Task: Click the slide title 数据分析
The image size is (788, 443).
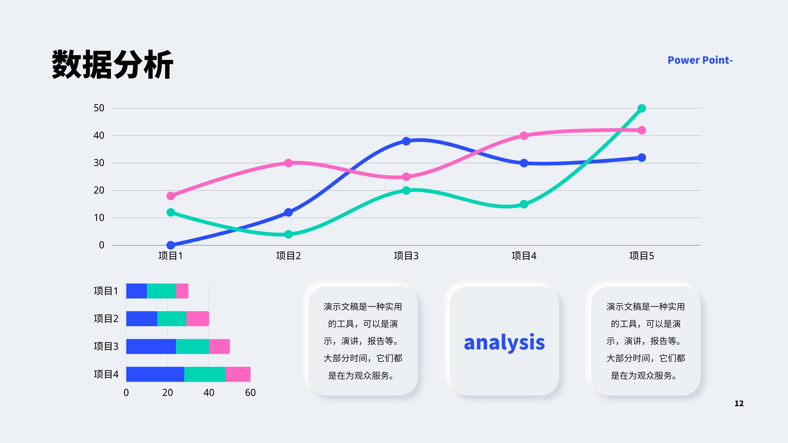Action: (x=113, y=64)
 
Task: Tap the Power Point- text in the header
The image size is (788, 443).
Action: (x=700, y=60)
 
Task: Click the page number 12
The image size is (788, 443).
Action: (x=739, y=403)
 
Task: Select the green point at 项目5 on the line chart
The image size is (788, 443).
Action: (x=642, y=108)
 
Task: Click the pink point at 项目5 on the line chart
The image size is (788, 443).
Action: (x=642, y=130)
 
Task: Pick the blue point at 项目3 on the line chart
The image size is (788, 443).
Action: (x=406, y=141)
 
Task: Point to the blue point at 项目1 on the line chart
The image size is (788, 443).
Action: (x=170, y=245)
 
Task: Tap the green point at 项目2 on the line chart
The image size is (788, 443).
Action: (x=289, y=234)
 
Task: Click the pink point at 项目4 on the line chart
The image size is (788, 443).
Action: (x=524, y=136)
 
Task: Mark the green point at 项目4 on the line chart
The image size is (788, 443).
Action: (x=524, y=204)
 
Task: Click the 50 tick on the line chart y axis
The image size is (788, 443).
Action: (x=99, y=108)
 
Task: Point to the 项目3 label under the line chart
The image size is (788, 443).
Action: (x=406, y=255)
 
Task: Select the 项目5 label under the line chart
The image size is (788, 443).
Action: (x=642, y=255)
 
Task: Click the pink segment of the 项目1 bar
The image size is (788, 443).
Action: (x=182, y=291)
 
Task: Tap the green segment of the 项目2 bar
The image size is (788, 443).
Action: (x=172, y=318)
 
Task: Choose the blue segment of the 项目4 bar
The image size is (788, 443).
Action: (x=155, y=374)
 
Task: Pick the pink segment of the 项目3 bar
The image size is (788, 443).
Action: (x=220, y=347)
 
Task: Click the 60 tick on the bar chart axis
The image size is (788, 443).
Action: (x=251, y=393)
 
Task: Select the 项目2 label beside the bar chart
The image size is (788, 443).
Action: (x=106, y=318)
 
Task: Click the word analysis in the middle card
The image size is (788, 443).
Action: (x=504, y=343)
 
